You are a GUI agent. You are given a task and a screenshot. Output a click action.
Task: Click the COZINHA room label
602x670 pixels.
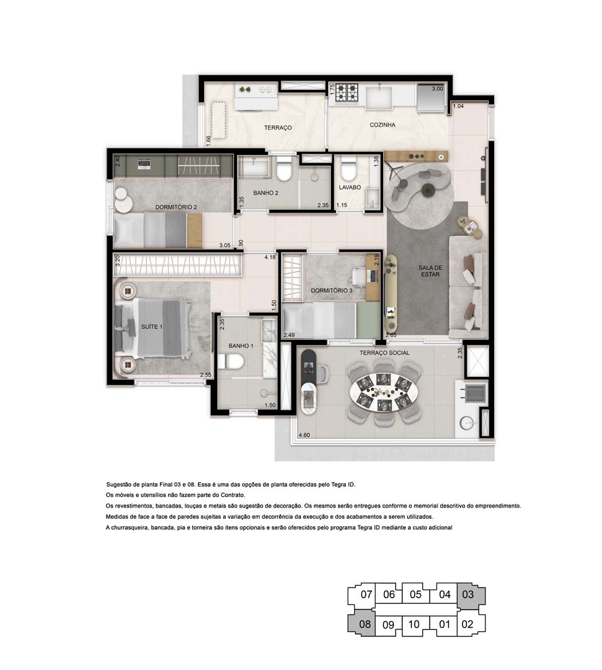(x=382, y=125)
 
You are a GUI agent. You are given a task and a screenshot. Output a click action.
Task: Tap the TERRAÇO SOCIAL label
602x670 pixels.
(x=384, y=352)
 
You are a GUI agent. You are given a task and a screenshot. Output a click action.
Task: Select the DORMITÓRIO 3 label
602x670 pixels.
(x=332, y=290)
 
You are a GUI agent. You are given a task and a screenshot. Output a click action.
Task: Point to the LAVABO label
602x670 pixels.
(x=350, y=187)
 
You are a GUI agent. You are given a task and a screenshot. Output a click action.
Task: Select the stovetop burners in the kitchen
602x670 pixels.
(x=347, y=92)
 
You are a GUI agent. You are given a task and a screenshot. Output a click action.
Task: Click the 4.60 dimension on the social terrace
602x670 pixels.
(x=304, y=435)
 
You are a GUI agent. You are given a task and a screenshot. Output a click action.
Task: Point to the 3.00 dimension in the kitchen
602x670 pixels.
(x=437, y=89)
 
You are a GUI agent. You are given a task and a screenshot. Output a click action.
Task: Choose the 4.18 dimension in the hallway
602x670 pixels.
(x=270, y=257)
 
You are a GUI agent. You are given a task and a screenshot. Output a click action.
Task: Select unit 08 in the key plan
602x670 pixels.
(x=365, y=625)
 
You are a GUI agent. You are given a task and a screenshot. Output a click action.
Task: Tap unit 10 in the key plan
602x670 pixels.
(x=415, y=625)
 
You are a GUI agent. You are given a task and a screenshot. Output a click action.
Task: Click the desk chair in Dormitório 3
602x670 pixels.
(x=360, y=274)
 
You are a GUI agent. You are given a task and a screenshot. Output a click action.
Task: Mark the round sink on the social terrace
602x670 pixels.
(x=467, y=424)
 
